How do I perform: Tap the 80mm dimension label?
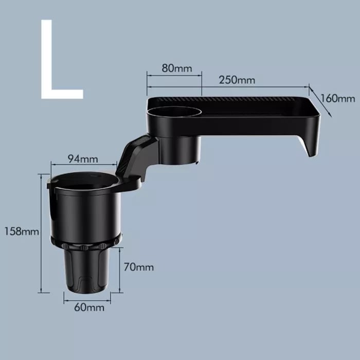pos(174,68)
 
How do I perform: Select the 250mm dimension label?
pos(237,80)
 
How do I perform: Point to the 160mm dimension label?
pos(337,98)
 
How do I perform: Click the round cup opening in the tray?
pos(173,111)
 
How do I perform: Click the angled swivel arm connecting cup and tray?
pos(136,154)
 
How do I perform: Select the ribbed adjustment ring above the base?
pos(86,242)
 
